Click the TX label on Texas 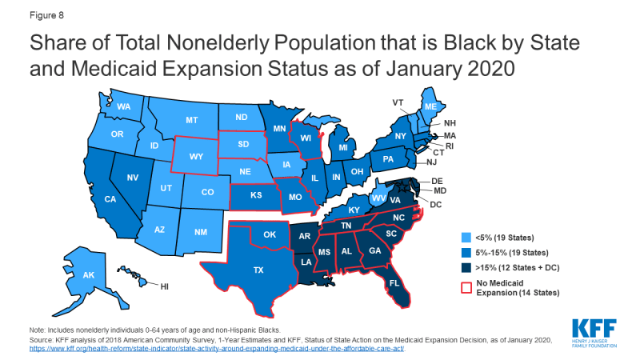point(258,270)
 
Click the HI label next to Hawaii point(164,286)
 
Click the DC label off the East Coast point(436,205)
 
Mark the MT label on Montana point(191,120)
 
